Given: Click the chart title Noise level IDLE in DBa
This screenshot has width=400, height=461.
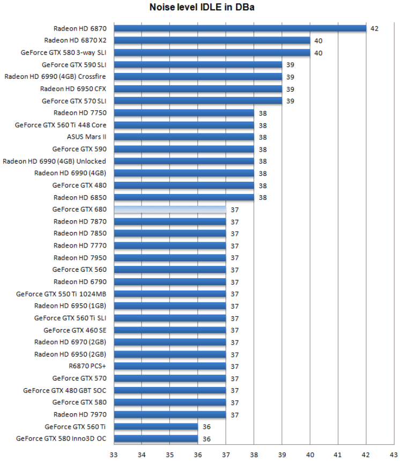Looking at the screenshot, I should pos(200,8).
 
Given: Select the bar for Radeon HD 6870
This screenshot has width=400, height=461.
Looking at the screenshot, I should pos(240,28).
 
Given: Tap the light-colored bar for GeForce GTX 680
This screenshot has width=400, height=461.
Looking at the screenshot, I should pos(169,209).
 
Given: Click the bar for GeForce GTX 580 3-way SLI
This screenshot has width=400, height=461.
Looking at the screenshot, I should pos(212,52).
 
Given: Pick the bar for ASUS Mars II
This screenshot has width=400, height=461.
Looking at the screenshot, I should pos(183,137).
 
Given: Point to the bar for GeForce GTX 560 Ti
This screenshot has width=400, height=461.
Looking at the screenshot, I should pos(155,427).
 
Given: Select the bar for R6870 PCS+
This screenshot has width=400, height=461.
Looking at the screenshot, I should pos(169,366).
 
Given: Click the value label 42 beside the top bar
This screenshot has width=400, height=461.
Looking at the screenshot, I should pos(374,28).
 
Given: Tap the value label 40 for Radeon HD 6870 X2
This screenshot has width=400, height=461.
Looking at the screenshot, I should pos(318,40).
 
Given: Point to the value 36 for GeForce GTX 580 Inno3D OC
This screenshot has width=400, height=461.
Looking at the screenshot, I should pos(206,439).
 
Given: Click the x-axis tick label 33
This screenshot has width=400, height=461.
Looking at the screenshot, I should pos(114,455).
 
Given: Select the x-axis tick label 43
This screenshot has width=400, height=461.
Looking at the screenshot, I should pos(394,455).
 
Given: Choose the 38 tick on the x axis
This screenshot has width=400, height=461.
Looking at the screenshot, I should pos(254,455).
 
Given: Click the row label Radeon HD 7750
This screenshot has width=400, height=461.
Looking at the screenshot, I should pos(79,113).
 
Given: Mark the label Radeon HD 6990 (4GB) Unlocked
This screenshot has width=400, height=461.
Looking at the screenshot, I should pos(54,161).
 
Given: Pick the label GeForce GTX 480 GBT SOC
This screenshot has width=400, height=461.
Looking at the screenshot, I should pos(64,390).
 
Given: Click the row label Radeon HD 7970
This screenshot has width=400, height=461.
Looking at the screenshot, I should pos(79,414).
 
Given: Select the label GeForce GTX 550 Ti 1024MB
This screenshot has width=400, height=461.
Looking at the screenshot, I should pos(61,294).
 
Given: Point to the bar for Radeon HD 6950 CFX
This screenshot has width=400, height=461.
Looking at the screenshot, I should pos(198,88).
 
